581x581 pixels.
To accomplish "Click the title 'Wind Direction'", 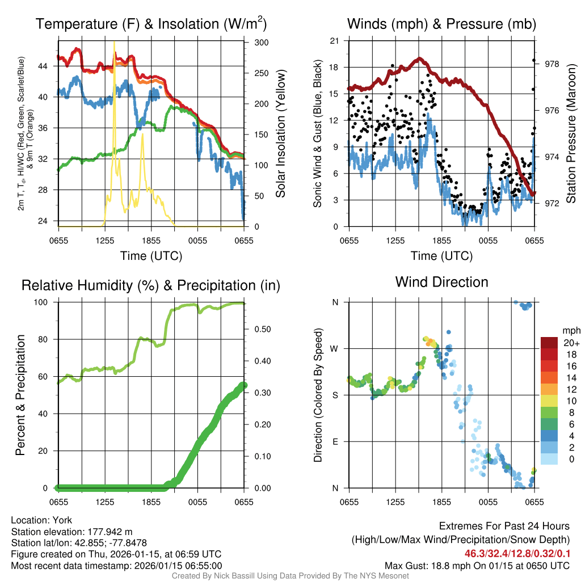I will (441, 282).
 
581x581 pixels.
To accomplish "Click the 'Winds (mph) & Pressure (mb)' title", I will (441, 24).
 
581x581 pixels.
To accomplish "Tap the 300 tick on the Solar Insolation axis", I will (262, 43).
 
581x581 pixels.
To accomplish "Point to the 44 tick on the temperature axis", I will (48, 66).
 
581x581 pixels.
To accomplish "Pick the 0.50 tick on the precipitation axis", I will (262, 329).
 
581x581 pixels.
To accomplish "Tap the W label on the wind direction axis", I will (335, 348).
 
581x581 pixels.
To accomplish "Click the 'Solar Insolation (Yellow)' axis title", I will (280, 133).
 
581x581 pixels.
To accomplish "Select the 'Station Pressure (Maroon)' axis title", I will (571, 133).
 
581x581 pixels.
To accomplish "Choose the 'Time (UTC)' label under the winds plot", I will (441, 256).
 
